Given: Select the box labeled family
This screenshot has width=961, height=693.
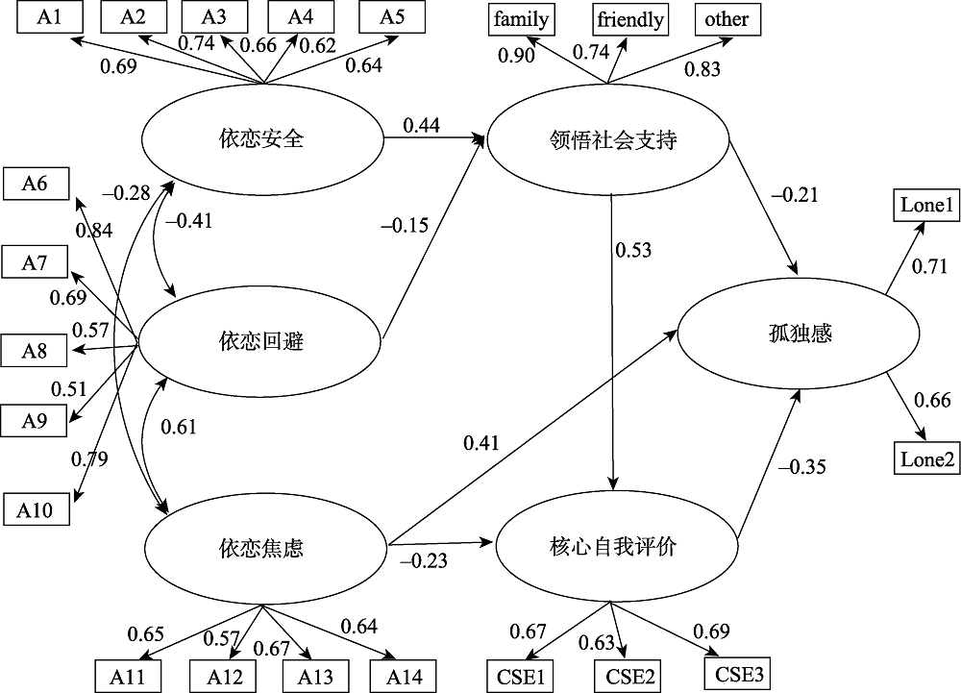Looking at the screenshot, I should click(523, 18).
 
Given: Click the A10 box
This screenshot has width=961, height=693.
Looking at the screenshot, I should click(36, 508).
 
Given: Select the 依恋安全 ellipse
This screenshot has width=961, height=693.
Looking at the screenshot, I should click(261, 139).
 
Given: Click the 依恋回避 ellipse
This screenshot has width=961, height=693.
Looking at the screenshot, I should click(261, 340).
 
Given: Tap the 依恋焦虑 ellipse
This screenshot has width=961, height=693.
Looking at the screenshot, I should click(261, 549).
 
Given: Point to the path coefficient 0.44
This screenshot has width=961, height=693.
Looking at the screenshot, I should click(421, 124).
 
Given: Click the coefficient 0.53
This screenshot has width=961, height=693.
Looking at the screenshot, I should click(633, 251).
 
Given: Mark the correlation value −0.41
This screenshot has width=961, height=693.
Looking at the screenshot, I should click(189, 221).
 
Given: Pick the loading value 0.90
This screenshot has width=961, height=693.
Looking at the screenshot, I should click(516, 57).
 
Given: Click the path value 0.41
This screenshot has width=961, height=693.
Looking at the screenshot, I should click(481, 443).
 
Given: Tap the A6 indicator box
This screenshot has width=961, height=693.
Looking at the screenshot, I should click(36, 184).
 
